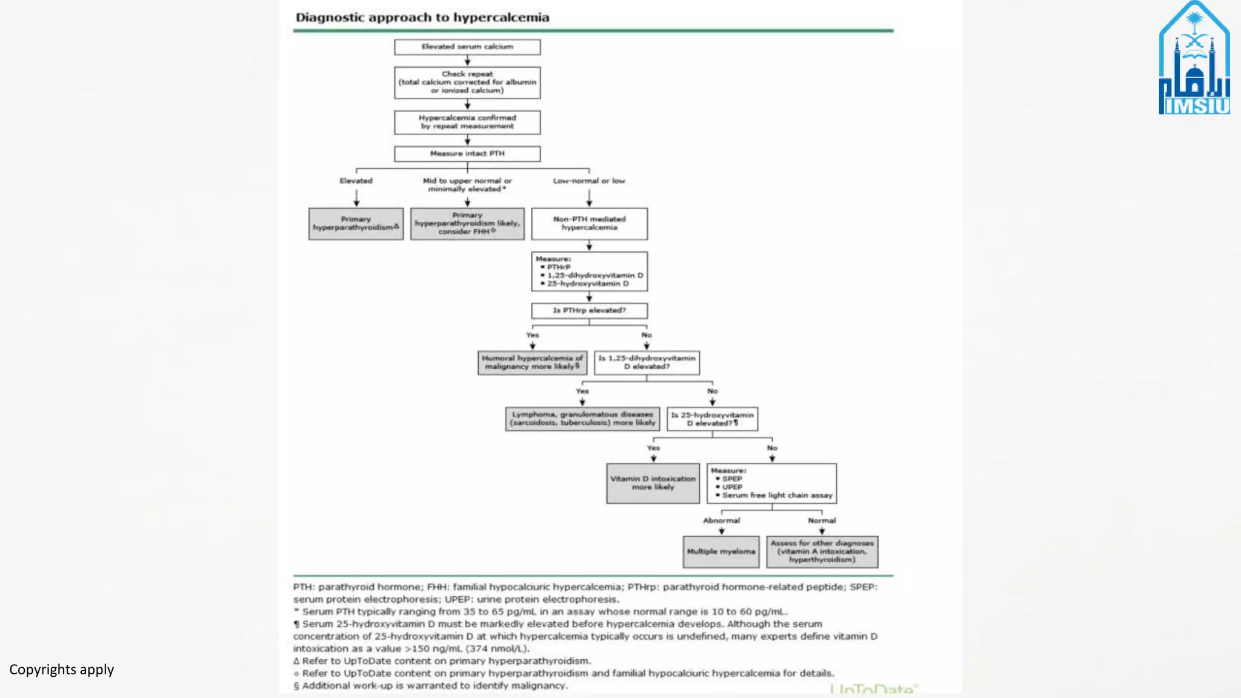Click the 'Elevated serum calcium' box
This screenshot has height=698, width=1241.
point(467,47)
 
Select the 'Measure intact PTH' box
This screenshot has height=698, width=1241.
point(467,153)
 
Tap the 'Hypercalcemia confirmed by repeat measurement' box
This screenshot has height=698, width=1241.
point(467,122)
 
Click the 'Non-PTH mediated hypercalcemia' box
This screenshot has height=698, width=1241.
point(589,224)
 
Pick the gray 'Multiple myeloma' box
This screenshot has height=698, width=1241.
point(721,551)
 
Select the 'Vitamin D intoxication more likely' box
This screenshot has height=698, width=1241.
point(653,483)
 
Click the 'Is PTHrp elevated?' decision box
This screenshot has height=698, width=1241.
point(589,310)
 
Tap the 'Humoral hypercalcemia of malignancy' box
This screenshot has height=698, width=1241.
point(532,362)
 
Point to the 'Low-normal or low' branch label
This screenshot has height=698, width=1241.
point(589,181)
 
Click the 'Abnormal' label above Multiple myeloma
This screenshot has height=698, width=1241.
point(721,520)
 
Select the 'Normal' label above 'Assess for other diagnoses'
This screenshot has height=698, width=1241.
point(822,520)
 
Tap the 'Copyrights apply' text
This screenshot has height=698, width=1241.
point(61,670)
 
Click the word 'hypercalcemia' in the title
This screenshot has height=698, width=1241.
point(501,18)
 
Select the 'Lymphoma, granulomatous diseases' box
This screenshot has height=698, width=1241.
point(582,419)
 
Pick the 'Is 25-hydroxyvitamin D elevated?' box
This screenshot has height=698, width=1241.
point(712,419)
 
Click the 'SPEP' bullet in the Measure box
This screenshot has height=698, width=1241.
point(731,479)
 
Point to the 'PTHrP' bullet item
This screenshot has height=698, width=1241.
point(559,267)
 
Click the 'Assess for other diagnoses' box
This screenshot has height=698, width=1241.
point(822,551)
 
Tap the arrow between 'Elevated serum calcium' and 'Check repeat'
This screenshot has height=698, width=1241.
point(467,61)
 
